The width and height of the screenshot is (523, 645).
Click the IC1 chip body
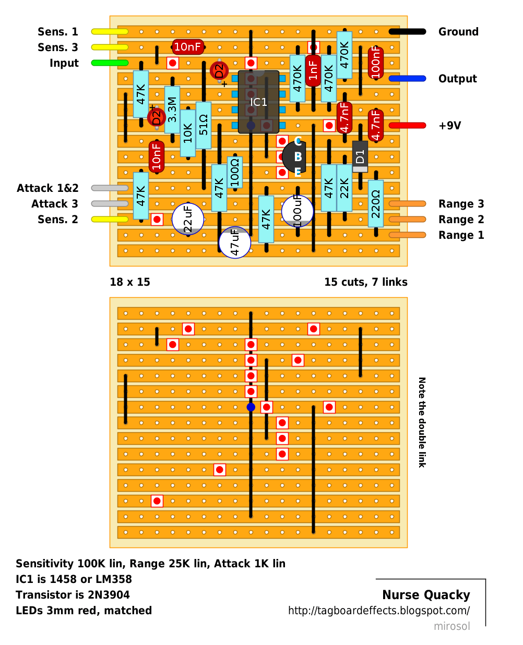point(258,102)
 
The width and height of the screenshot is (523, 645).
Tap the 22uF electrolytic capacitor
point(187,218)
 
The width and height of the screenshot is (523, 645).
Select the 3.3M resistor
point(172,109)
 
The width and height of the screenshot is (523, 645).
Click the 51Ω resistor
point(204,125)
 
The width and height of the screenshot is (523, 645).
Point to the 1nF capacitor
point(313,70)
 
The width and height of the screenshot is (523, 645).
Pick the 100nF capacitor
point(376,63)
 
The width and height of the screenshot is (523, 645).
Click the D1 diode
point(360,156)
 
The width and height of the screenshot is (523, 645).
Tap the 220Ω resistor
point(376,203)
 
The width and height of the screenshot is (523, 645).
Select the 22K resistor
point(344,188)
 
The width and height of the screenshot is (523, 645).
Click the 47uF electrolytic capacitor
point(234,242)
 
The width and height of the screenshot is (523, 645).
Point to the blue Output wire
point(407,78)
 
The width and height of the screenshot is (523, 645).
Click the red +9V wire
point(407,125)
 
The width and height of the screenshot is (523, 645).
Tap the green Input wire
point(110,63)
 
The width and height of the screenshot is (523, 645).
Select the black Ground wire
point(407,31)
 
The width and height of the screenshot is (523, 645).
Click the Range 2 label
point(461,219)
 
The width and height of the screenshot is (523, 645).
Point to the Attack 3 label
point(55,203)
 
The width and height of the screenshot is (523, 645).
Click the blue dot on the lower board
point(251,407)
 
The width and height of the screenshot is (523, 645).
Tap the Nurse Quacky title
point(426,595)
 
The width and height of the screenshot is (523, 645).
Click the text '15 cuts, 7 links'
point(366,282)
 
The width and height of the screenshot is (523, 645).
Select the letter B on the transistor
point(298,157)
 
